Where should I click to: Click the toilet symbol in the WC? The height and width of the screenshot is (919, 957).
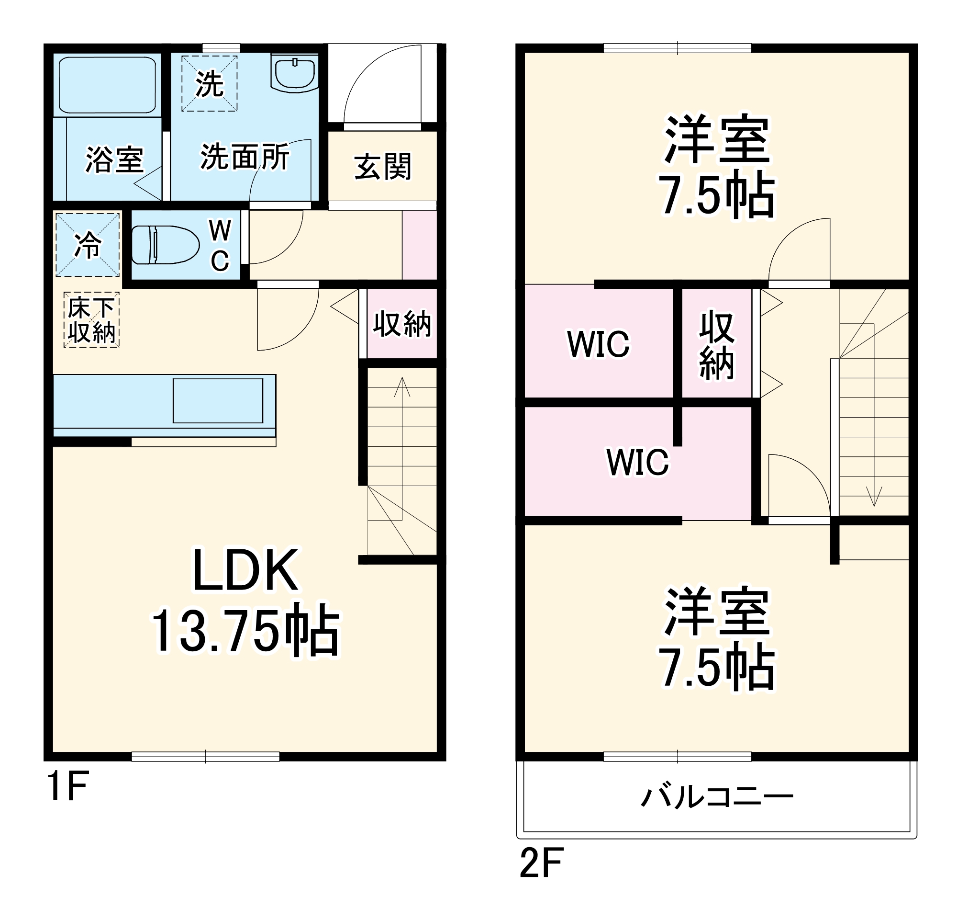pos(165,245)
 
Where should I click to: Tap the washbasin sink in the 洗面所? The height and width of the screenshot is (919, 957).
pos(294,74)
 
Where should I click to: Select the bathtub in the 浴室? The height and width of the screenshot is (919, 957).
pos(107,85)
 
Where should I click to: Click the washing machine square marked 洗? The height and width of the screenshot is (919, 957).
pos(210,83)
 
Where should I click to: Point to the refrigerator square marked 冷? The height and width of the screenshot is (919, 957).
pos(88,245)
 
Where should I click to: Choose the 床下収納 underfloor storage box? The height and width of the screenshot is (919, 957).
pos(91,320)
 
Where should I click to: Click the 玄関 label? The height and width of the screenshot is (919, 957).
pos(382,167)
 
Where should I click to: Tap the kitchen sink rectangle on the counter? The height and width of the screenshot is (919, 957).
pos(218,401)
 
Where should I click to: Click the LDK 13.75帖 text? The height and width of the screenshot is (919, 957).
pos(245,601)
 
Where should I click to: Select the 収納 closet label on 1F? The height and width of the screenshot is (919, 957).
pos(402,323)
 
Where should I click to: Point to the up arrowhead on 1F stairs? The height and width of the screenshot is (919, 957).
pos(402,386)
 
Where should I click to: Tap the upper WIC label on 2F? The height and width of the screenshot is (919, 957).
pos(598,344)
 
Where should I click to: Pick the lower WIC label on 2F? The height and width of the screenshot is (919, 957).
pos(637,462)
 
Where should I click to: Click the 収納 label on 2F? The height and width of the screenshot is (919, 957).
pos(716,344)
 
